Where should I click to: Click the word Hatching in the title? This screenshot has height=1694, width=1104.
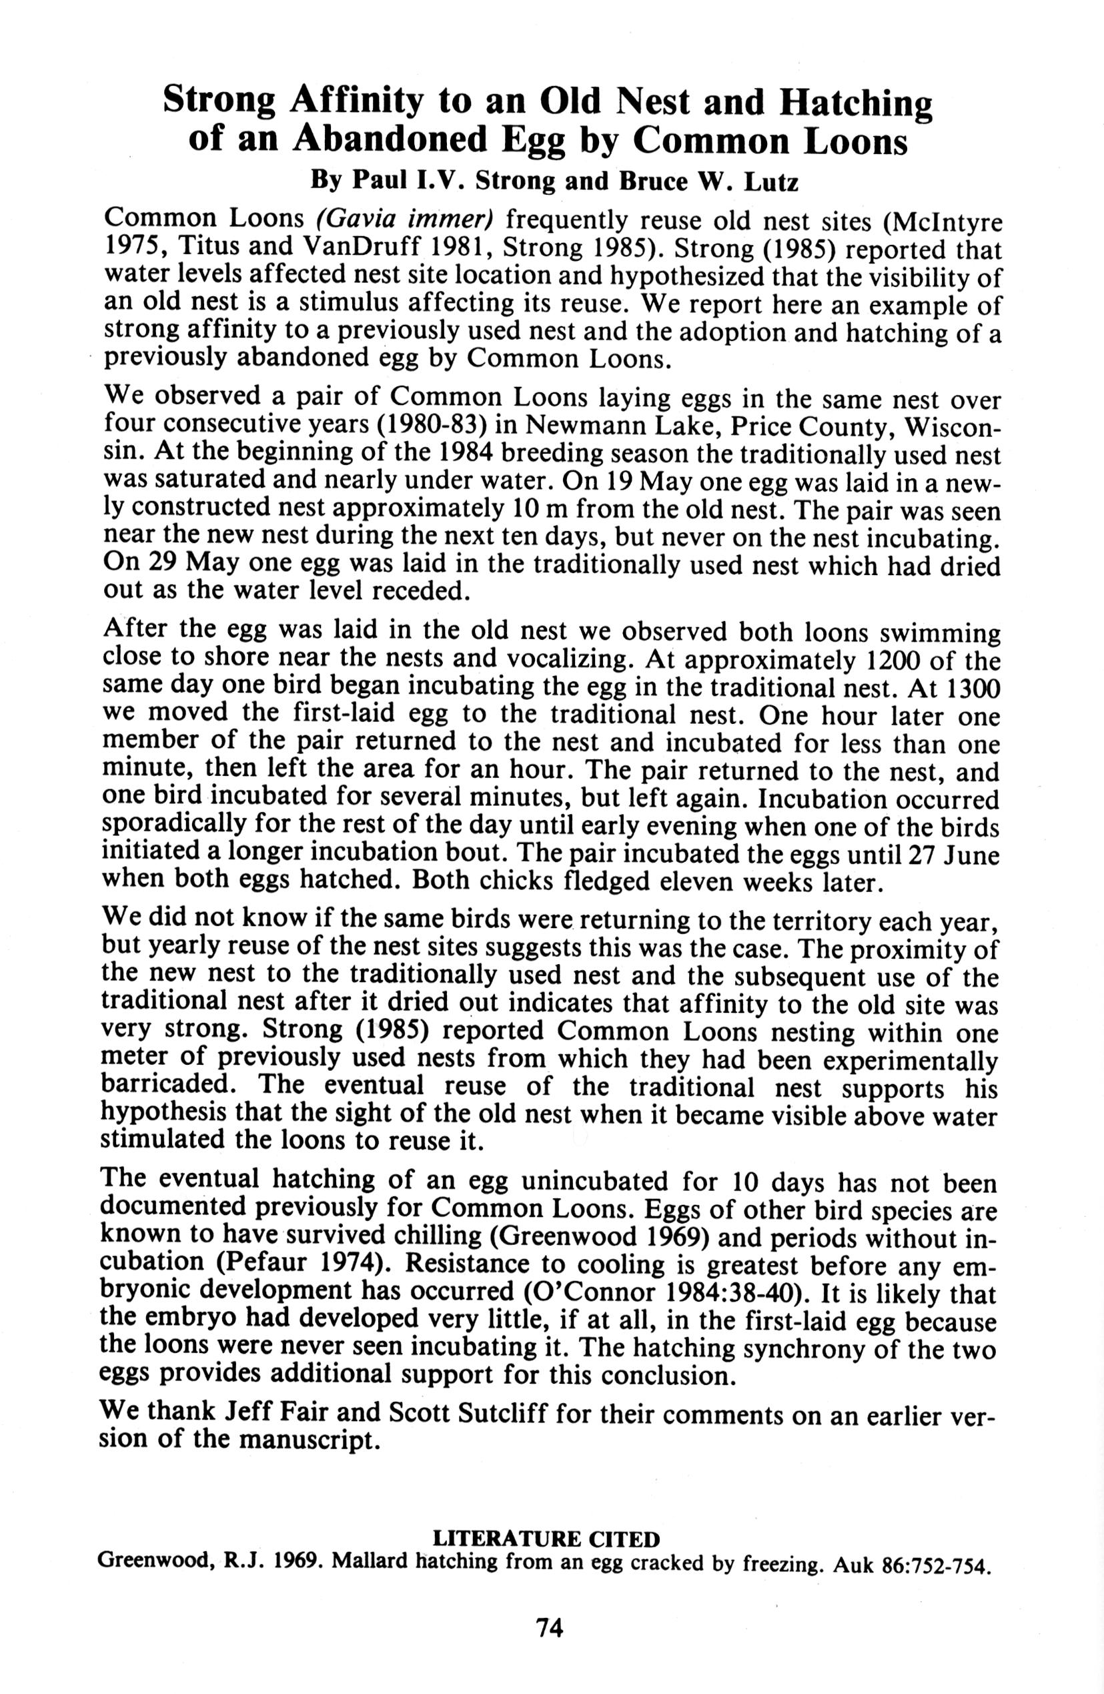pyautogui.click(x=857, y=103)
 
